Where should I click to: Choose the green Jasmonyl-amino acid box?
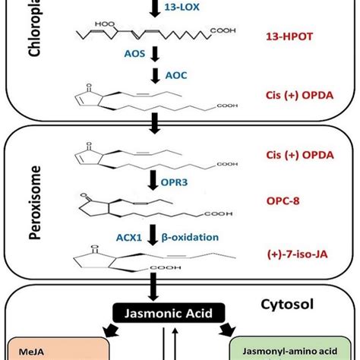298,349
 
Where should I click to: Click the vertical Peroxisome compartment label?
24,205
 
